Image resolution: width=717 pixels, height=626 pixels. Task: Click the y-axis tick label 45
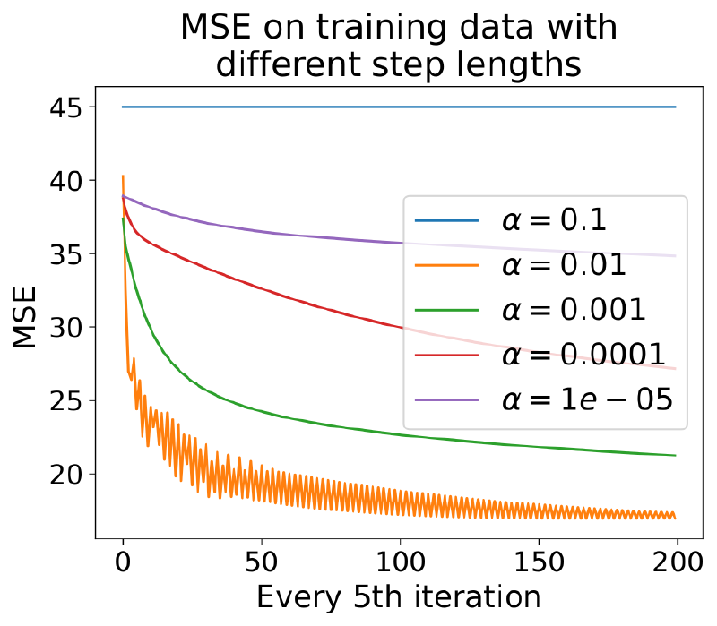point(65,107)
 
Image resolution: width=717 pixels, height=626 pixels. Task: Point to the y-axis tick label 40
point(65,181)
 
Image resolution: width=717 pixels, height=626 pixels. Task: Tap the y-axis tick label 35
point(65,254)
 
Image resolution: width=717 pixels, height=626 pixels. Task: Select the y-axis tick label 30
point(65,328)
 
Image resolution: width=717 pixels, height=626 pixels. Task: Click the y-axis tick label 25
point(65,400)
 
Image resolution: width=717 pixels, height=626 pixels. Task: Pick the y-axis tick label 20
point(65,474)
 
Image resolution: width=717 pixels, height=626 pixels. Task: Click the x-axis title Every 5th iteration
point(399,597)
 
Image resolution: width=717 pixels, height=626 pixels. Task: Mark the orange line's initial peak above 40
point(123,176)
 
